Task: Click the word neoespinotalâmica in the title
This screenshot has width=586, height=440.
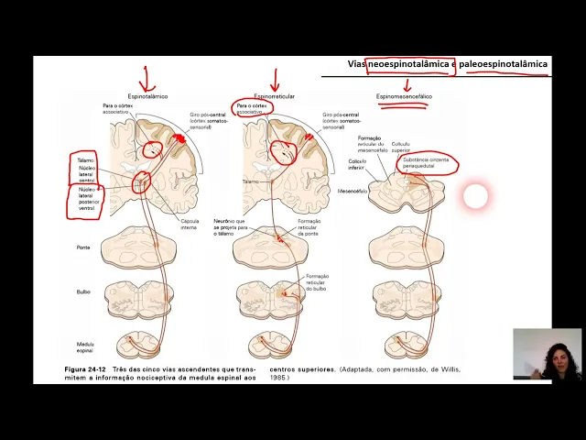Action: [x=408, y=64]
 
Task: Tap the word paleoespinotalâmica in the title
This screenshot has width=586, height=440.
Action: [x=507, y=64]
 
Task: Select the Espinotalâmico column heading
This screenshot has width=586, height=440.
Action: [x=147, y=95]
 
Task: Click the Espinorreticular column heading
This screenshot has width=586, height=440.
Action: [x=275, y=95]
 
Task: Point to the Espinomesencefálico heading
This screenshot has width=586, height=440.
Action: [x=404, y=96]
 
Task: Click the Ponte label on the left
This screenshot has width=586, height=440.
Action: [x=83, y=247]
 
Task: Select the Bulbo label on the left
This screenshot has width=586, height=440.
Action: [x=83, y=291]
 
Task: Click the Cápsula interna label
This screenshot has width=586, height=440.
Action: [x=190, y=223]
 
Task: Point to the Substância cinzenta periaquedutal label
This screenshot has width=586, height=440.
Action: [x=428, y=161]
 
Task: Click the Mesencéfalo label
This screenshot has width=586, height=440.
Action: [x=353, y=192]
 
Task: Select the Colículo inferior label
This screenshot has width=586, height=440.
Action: [x=357, y=164]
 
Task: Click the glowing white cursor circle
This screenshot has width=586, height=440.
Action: [x=475, y=195]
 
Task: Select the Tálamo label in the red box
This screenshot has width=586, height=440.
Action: [x=86, y=159]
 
